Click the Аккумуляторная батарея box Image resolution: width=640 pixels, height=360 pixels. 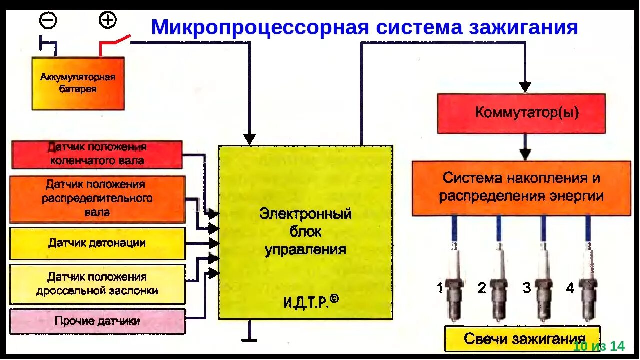point(78,83)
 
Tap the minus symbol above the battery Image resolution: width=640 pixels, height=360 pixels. point(48,21)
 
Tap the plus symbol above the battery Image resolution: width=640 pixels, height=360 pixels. point(107,20)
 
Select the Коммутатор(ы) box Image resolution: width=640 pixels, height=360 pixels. point(521,113)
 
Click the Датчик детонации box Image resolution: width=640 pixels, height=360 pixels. point(97,243)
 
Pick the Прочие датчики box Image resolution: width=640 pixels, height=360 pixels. point(97,321)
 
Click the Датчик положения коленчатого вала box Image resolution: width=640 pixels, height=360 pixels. point(97,154)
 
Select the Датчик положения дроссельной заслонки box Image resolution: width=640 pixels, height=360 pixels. point(97,284)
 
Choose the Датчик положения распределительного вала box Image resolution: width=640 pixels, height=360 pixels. point(97,199)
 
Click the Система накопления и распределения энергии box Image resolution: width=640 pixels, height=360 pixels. point(521,188)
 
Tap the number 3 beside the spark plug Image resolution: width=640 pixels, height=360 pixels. point(527,288)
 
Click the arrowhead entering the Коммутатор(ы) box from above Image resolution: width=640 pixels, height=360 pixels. point(525,87)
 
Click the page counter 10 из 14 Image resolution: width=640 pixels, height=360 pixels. point(599,346)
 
